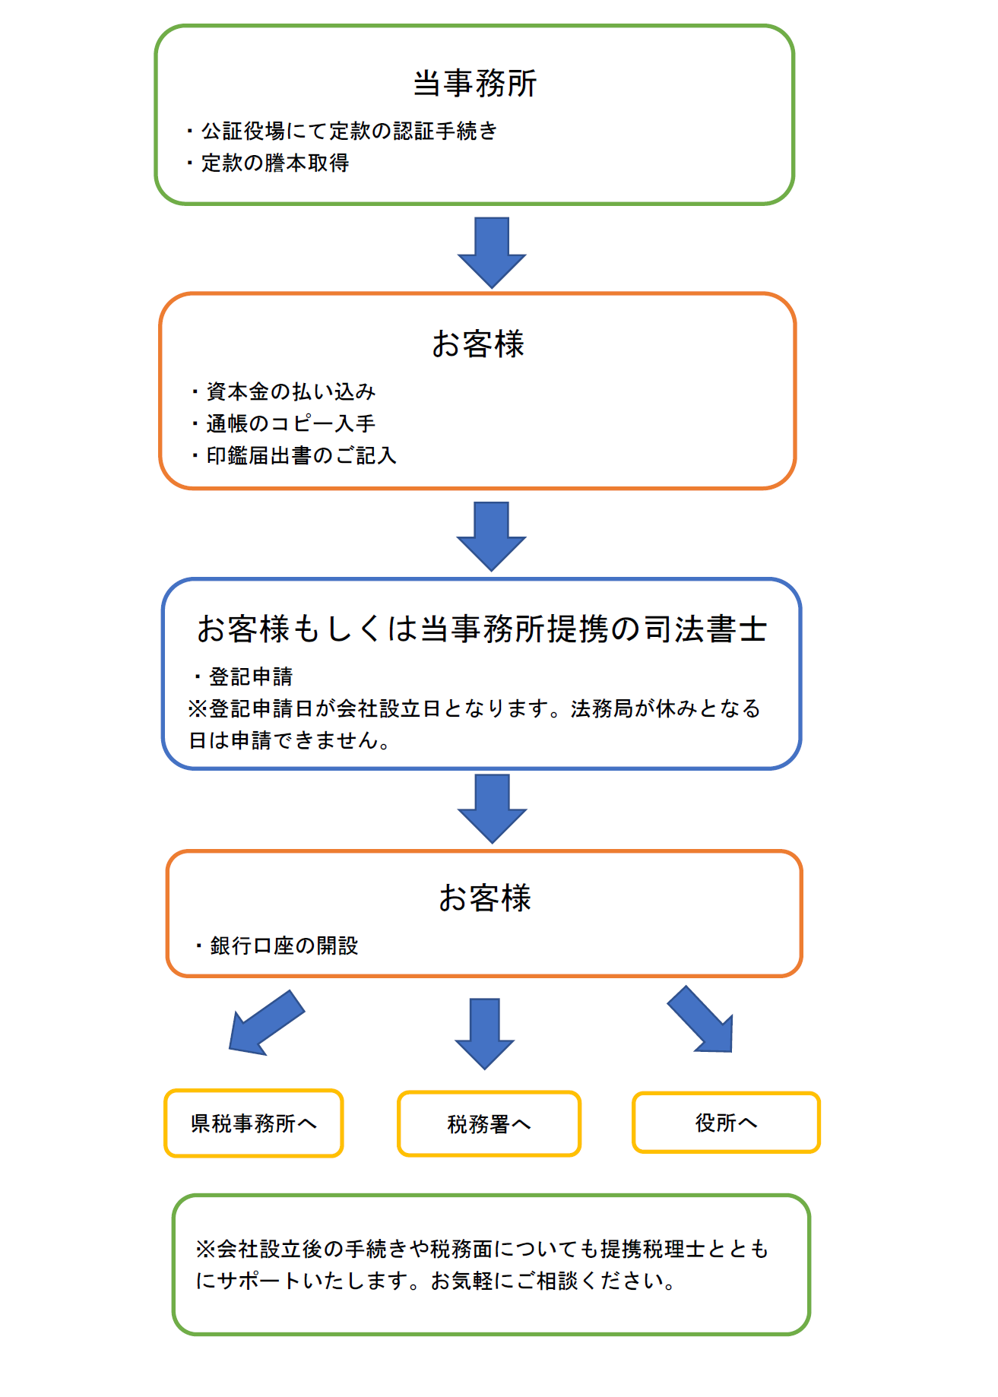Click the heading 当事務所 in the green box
click(475, 84)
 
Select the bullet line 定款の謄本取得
click(268, 163)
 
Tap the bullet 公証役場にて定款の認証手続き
click(342, 131)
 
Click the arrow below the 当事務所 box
click(492, 253)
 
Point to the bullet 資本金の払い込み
click(284, 391)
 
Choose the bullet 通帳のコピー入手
click(284, 423)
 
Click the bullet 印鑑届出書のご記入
click(295, 455)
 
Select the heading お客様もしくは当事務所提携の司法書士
click(482, 629)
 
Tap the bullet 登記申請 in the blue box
click(244, 676)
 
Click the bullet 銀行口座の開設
click(277, 946)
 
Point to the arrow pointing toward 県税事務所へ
click(267, 1023)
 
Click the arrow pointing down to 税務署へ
click(485, 1034)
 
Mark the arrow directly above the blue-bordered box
click(492, 537)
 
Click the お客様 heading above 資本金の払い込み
click(478, 344)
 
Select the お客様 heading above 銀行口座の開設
click(485, 898)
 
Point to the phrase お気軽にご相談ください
click(553, 1281)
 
